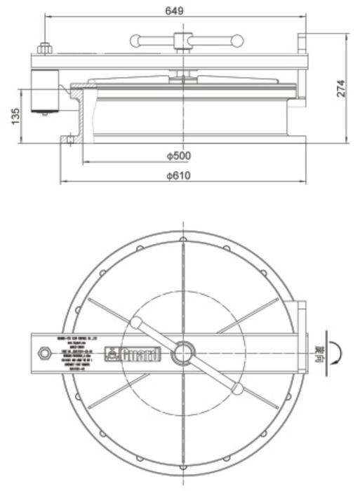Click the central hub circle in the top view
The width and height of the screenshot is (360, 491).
(184, 351)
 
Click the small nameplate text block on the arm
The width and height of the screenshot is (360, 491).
(79, 351)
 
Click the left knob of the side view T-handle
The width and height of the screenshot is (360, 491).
(135, 39)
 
